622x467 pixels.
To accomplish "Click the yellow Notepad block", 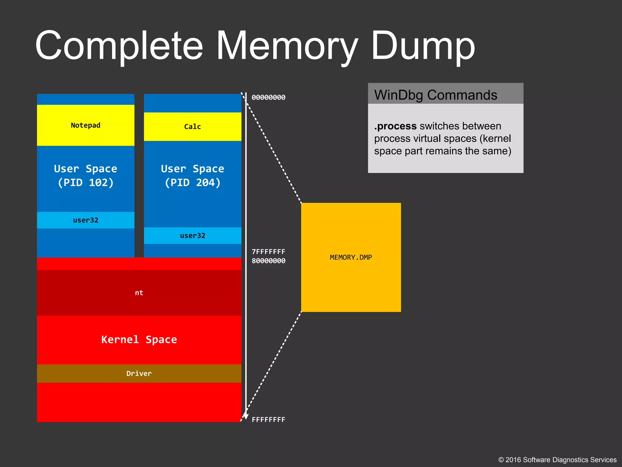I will [85, 125].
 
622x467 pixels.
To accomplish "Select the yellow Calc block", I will [192, 126].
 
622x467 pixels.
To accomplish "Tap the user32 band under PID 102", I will [85, 220].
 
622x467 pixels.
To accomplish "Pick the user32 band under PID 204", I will [192, 236].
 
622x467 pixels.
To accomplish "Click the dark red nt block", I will [139, 293].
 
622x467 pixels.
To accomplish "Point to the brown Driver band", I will [139, 373].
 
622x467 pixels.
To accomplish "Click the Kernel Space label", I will [139, 340].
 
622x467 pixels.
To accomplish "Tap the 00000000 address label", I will [268, 98].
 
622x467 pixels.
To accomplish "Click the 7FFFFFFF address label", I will [268, 252].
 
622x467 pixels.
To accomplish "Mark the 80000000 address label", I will [268, 261].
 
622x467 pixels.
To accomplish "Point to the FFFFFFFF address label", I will [268, 420].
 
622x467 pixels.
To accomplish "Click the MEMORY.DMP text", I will [351, 258].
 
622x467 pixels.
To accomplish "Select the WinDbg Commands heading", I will [436, 95].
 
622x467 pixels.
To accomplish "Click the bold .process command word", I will [395, 126].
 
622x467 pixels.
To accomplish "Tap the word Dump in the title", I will [423, 46].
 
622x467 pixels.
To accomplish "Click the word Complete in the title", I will [119, 46].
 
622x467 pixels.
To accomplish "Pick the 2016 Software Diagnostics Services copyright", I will [557, 460].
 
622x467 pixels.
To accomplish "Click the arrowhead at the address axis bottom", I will [246, 416].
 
